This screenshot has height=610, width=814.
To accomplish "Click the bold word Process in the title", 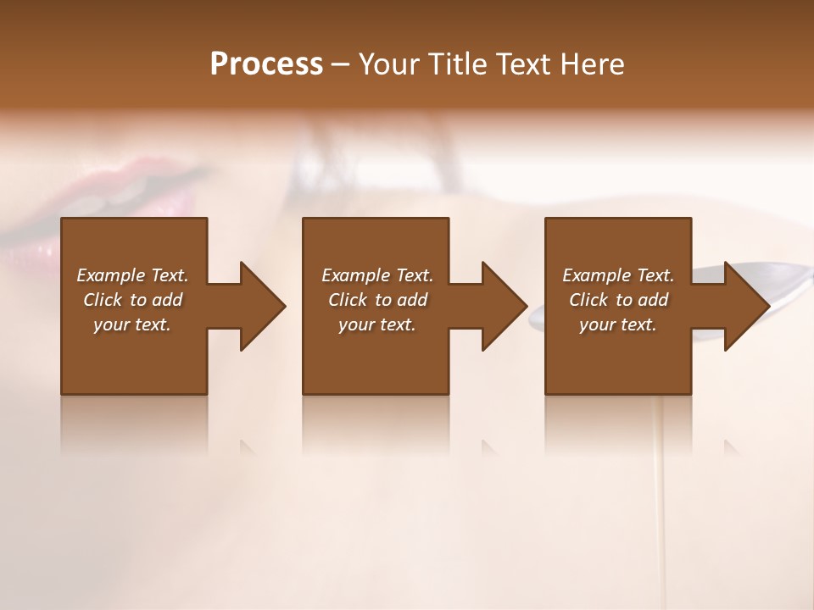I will pos(266,64).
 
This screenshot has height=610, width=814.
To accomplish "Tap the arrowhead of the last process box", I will pos(745,306).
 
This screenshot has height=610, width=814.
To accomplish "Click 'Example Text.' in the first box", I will pos(132,275).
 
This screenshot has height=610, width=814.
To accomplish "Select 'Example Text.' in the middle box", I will pos(377,275).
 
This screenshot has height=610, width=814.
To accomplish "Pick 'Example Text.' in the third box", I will pos(618,275).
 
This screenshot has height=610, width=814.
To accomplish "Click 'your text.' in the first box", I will pos(132,324).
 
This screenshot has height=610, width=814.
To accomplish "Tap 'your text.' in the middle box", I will pos(377,324).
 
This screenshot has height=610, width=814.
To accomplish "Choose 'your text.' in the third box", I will pos(618,324).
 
